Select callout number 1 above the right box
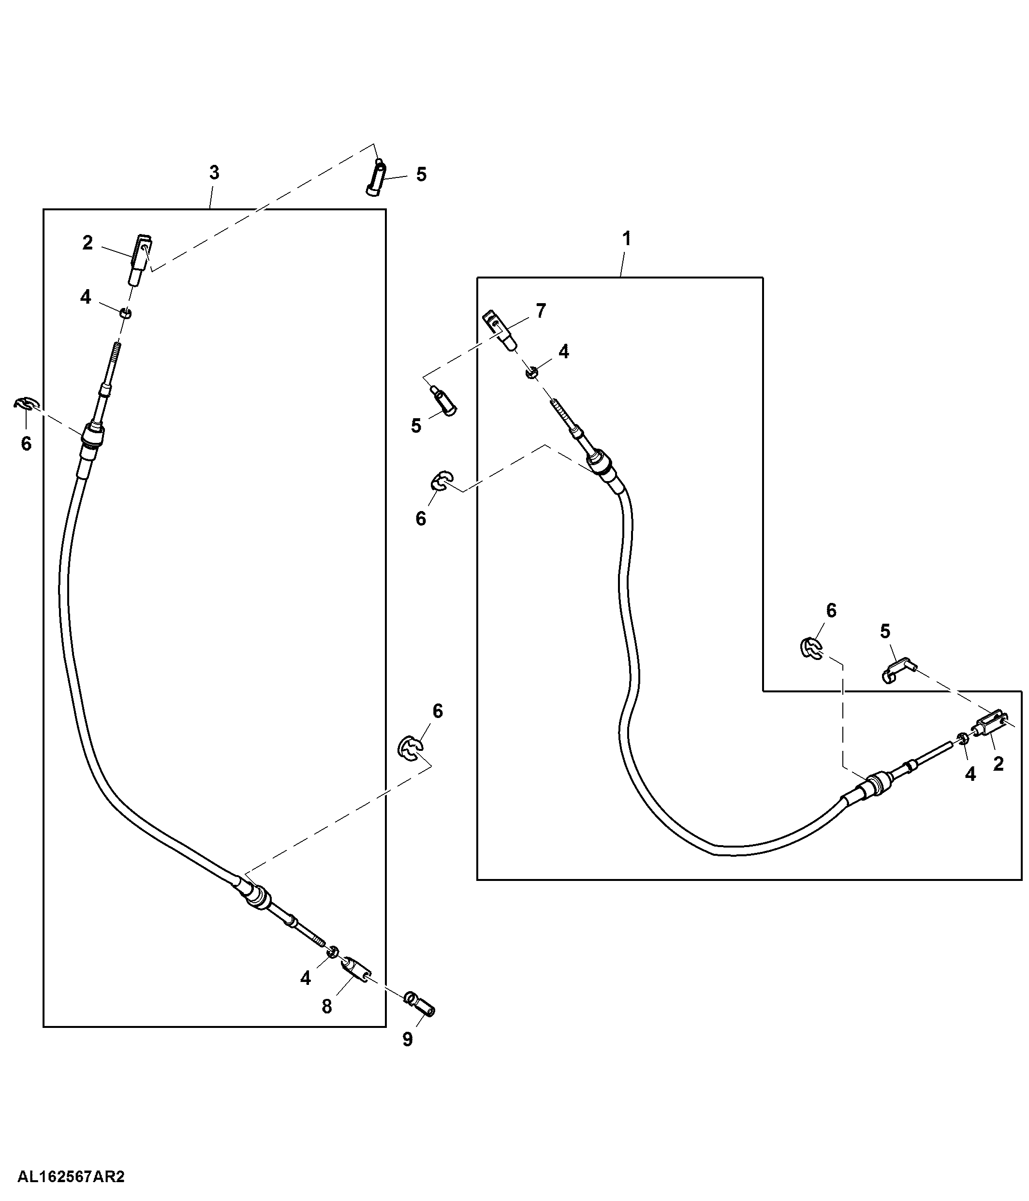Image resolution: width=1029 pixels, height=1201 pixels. [626, 238]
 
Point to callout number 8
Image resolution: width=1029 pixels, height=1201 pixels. [327, 1007]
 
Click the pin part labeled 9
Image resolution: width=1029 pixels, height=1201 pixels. [420, 1003]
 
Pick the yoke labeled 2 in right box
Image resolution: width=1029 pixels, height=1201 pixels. [992, 724]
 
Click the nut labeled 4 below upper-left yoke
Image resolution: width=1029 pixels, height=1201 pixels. [125, 314]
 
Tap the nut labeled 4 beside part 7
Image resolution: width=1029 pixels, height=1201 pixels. [531, 372]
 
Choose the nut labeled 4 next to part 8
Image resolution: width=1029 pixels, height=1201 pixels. [333, 952]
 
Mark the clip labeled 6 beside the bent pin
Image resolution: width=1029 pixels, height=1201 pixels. [811, 647]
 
